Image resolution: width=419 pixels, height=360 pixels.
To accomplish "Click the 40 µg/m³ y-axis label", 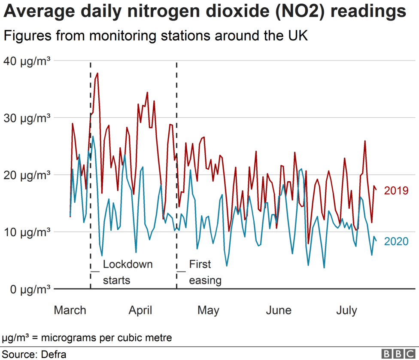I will (x=27, y=61).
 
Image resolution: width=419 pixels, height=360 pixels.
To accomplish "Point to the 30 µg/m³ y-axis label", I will (x=27, y=118).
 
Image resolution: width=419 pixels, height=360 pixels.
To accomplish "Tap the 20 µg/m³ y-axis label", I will (x=27, y=175).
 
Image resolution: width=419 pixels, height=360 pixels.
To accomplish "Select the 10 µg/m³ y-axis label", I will (x=27, y=232).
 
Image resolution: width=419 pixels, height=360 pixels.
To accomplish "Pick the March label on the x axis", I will (x=70, y=310).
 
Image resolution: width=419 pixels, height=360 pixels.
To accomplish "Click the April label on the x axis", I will (x=140, y=310).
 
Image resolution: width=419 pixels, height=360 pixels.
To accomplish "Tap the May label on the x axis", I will (x=208, y=310).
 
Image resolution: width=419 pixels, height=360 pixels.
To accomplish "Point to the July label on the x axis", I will (x=346, y=310).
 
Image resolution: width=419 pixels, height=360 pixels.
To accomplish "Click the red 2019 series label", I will (x=396, y=191).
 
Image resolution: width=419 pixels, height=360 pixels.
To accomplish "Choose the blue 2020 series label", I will (x=396, y=241).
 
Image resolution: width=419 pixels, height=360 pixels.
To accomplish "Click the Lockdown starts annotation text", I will (x=122, y=272).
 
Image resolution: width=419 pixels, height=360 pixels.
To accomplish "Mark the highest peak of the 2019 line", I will (x=97, y=73).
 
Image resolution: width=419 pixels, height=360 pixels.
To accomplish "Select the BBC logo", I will (x=399, y=354).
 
